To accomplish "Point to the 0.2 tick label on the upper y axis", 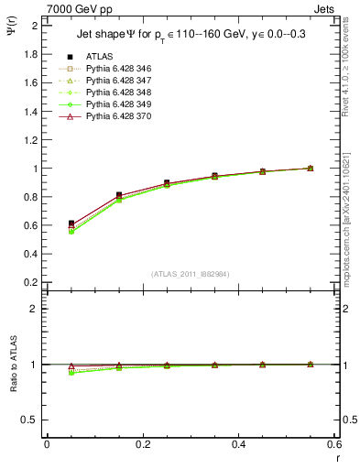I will pos(30,283).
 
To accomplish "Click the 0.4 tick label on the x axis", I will pos(238,443).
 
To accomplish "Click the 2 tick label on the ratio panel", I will pos(35,309).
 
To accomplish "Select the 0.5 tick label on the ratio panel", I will pos(30,420).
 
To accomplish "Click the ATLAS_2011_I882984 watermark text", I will pos(191,274).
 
